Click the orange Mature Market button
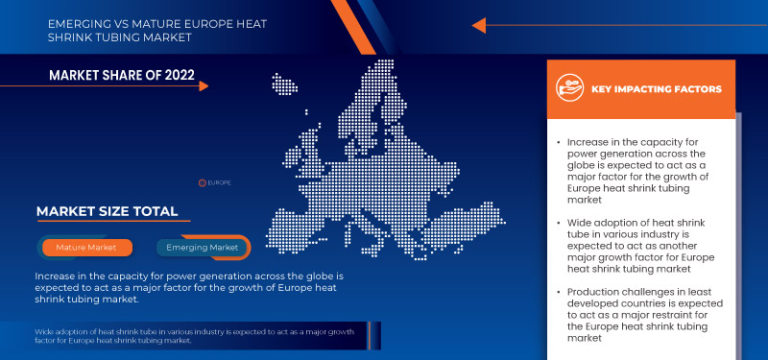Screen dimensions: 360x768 [x=86, y=248]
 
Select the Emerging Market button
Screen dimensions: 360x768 [x=203, y=248]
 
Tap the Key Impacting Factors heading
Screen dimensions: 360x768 [x=657, y=89]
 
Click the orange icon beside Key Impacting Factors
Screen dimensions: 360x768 [x=570, y=89]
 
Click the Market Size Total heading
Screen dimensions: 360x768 [x=107, y=211]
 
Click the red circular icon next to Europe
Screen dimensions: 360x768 [x=202, y=181]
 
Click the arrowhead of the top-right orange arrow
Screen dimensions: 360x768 [x=481, y=26]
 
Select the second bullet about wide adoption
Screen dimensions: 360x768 [x=635, y=252]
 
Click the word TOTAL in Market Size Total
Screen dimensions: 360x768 [x=151, y=211]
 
